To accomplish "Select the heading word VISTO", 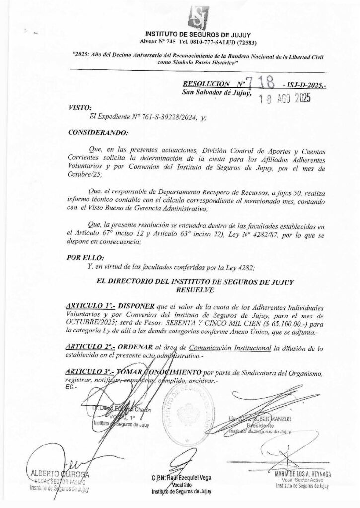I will [x=77, y=107].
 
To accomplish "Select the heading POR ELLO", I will [x=85, y=258].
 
